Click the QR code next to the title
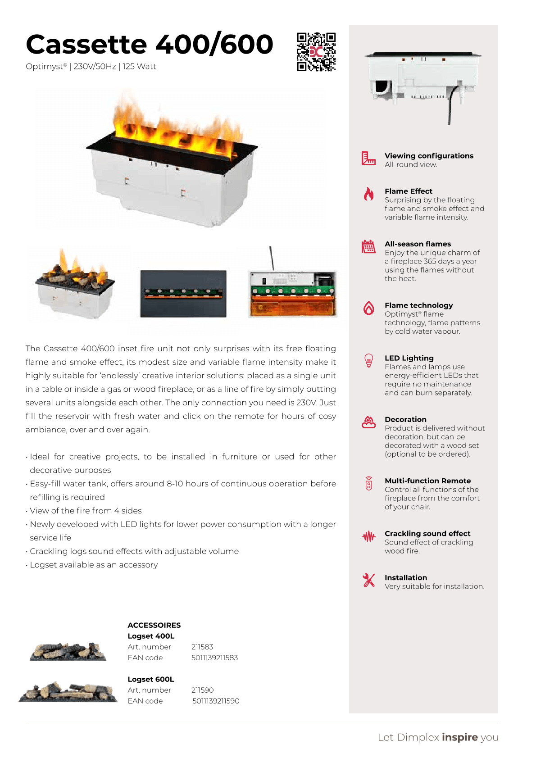pyautogui.click(x=316, y=52)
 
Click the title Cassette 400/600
pyautogui.click(x=150, y=45)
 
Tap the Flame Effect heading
pyautogui.click(x=408, y=191)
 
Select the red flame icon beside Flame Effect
pyautogui.click(x=369, y=194)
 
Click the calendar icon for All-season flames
pyautogui.click(x=368, y=247)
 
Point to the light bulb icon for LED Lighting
pyautogui.click(x=369, y=361)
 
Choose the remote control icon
pyautogui.click(x=369, y=483)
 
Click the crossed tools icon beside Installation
pyautogui.click(x=369, y=580)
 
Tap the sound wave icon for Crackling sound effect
pyautogui.click(x=369, y=536)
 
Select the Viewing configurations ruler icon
pyautogui.click(x=368, y=159)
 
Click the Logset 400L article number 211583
pyautogui.click(x=202, y=647)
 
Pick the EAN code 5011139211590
pyautogui.click(x=216, y=701)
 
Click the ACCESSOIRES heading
pyautogui.click(x=154, y=625)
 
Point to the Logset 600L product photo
pyautogui.click(x=68, y=692)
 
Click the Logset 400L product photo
pyautogui.click(x=68, y=651)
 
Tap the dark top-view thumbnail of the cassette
pyautogui.click(x=183, y=294)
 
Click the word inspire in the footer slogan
pyautogui.click(x=460, y=737)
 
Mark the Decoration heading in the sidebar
pyautogui.click(x=405, y=419)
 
